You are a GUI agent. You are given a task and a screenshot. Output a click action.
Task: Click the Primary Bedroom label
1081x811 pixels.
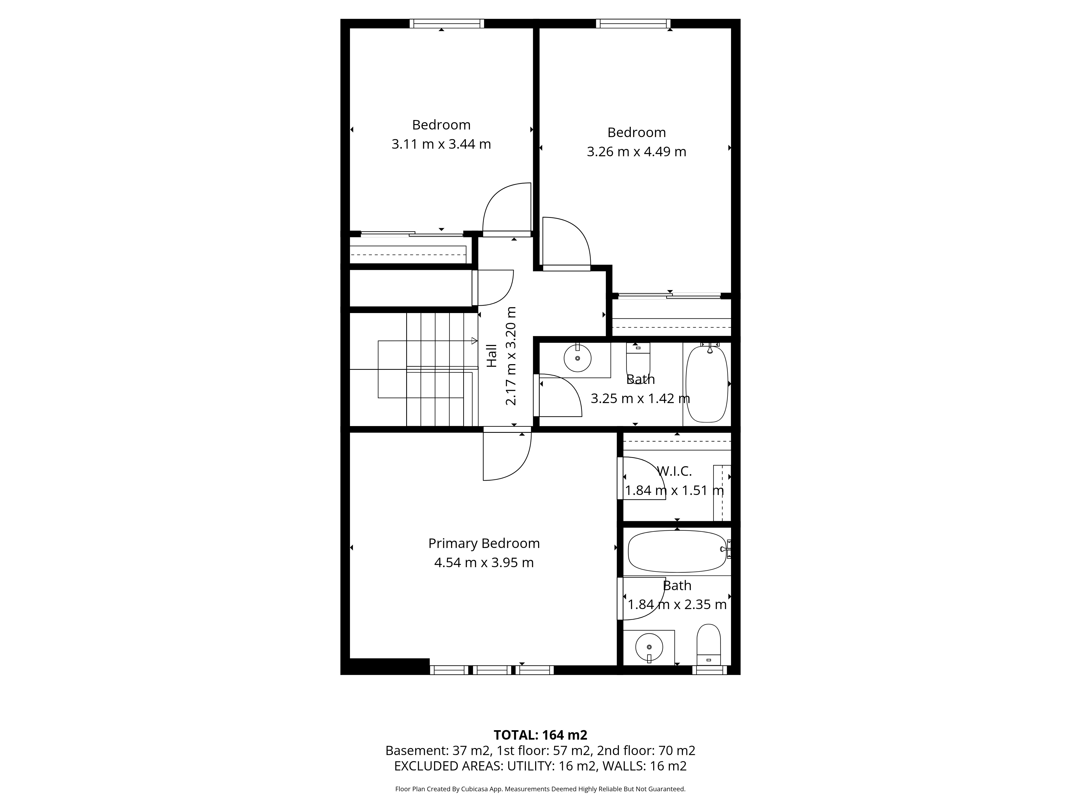click(x=484, y=544)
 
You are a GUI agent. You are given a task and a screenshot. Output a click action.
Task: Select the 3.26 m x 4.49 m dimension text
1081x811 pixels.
click(x=636, y=152)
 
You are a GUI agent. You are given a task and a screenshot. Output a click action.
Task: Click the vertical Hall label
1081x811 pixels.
click(x=492, y=356)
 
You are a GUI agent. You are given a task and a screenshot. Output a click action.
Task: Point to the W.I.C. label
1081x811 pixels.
click(x=674, y=471)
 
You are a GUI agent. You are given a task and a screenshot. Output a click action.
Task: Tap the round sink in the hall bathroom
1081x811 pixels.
click(x=578, y=358)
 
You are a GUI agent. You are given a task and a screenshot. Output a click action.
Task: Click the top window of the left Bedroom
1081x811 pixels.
click(x=447, y=24)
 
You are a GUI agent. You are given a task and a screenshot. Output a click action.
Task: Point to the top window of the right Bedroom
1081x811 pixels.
click(x=633, y=24)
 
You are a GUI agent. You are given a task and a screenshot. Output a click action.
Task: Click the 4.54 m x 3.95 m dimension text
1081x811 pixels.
click(x=484, y=563)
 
